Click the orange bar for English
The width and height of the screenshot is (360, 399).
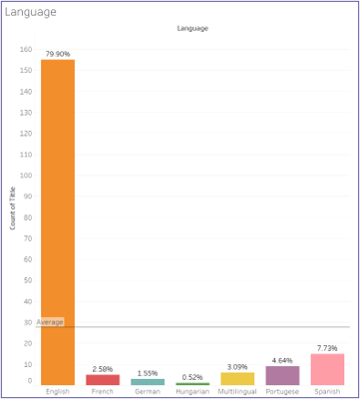point(58,219)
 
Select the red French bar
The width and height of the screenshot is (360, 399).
point(102,380)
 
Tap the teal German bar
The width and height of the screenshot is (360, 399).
point(147,382)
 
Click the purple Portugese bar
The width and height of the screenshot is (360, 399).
point(282,376)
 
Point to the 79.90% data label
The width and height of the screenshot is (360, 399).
point(58,53)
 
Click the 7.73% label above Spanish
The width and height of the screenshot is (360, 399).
point(327,348)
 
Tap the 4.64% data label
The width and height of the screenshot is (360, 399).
point(282,359)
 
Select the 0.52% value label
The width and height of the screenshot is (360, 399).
point(192,376)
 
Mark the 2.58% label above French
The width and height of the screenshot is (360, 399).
point(102,368)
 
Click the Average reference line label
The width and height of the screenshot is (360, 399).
point(50,322)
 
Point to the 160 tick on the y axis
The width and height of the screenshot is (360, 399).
point(26,47)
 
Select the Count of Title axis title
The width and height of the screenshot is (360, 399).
point(13,207)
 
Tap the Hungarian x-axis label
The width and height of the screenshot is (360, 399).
point(192,392)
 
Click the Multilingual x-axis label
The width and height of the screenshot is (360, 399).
point(237,392)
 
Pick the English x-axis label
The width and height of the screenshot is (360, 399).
point(58,392)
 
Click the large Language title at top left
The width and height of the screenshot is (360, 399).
point(31,11)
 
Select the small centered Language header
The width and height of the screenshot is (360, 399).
point(192,29)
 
